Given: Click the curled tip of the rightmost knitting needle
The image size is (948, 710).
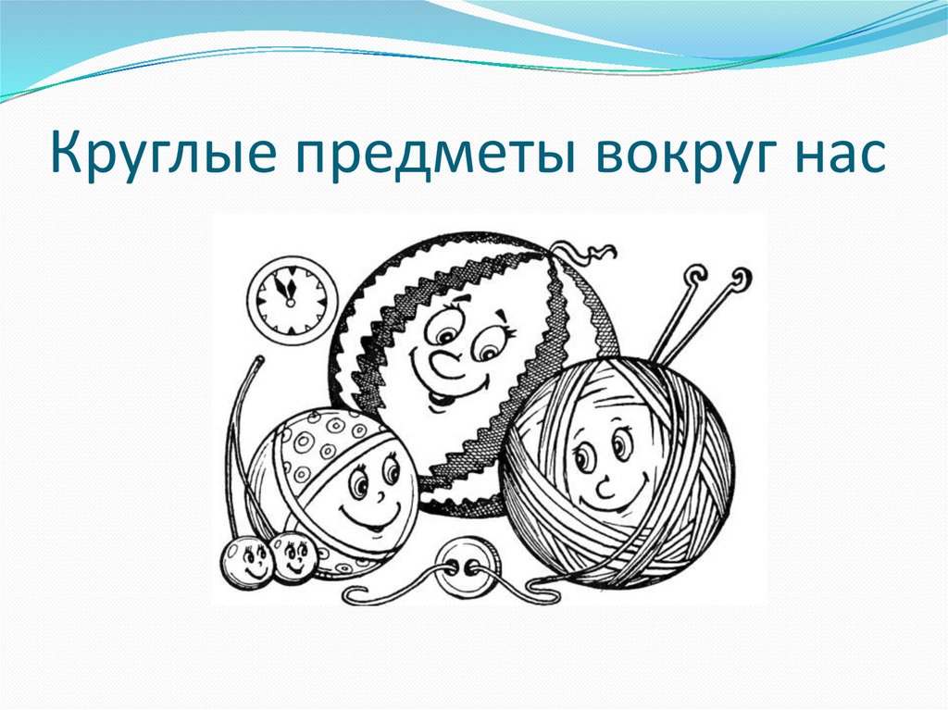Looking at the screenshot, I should pyautogui.click(x=741, y=277).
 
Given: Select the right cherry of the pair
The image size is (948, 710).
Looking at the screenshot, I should pyautogui.click(x=294, y=556).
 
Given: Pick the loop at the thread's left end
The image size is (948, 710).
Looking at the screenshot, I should pyautogui.click(x=356, y=592).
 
